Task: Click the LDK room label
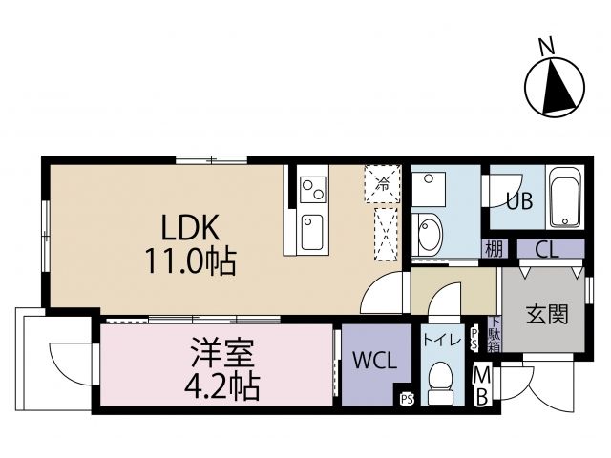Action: point(190,227)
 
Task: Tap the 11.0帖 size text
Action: point(190,260)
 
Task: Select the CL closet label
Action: point(547,251)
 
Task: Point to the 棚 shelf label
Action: point(493,251)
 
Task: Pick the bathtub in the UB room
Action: point(564,198)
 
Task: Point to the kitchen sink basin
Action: point(312,231)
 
